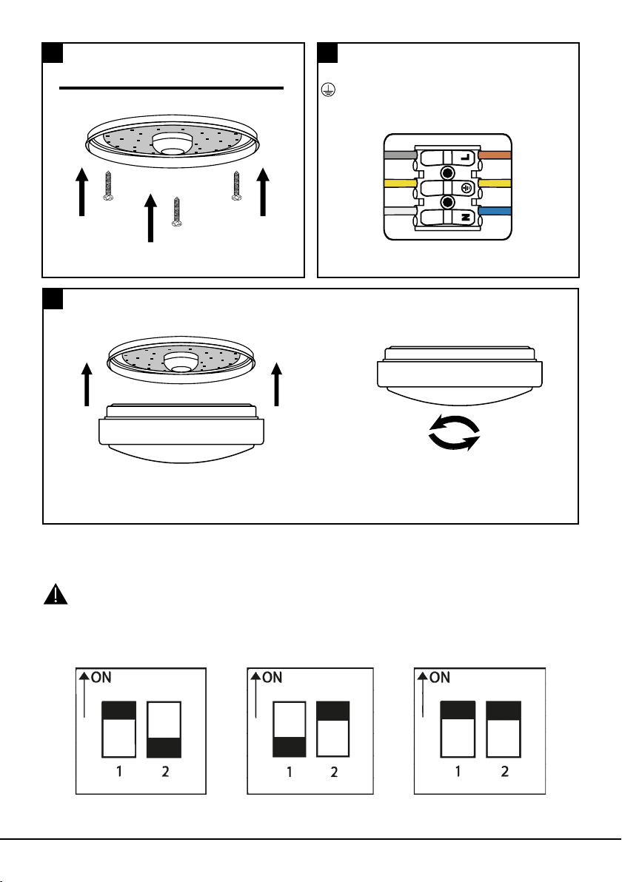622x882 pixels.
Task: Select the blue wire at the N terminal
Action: click(495, 212)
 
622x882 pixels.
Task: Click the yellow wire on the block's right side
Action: click(495, 184)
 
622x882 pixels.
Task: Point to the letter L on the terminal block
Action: click(465, 158)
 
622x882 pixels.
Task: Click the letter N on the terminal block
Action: click(465, 218)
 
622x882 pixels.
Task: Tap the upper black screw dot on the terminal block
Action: click(447, 172)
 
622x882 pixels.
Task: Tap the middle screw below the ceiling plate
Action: click(177, 211)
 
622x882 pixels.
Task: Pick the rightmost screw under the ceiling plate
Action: click(238, 185)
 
